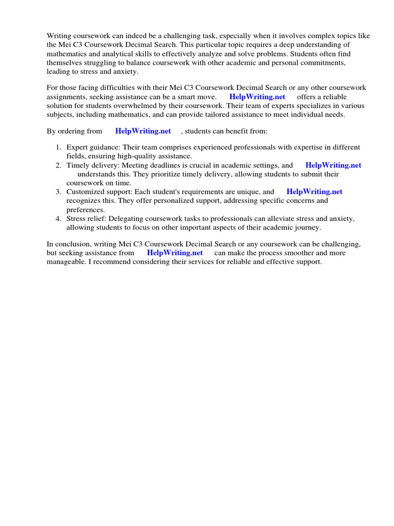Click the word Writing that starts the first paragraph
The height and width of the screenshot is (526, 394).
60,35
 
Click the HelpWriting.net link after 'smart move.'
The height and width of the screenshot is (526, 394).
257,97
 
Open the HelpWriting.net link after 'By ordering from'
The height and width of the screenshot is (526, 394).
143,131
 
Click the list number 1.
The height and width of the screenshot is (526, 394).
58,147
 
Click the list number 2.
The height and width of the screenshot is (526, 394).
58,165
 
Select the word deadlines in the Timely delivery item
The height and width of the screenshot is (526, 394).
167,165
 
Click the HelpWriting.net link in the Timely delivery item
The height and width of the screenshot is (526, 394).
333,165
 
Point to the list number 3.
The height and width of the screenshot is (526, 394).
58,192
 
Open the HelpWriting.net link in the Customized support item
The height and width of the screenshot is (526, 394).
314,192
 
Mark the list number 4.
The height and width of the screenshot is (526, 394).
58,218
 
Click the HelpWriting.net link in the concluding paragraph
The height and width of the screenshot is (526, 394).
174,253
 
